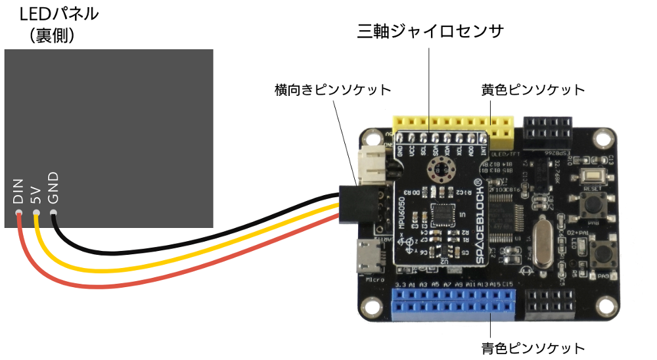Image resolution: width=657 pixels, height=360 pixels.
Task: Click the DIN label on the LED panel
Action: (18, 192)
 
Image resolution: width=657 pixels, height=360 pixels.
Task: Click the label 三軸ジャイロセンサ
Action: (430, 32)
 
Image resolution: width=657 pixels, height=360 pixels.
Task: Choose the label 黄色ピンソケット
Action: (533, 89)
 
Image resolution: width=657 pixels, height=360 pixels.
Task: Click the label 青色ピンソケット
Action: (533, 347)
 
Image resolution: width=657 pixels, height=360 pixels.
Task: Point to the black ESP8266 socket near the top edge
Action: (547, 131)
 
